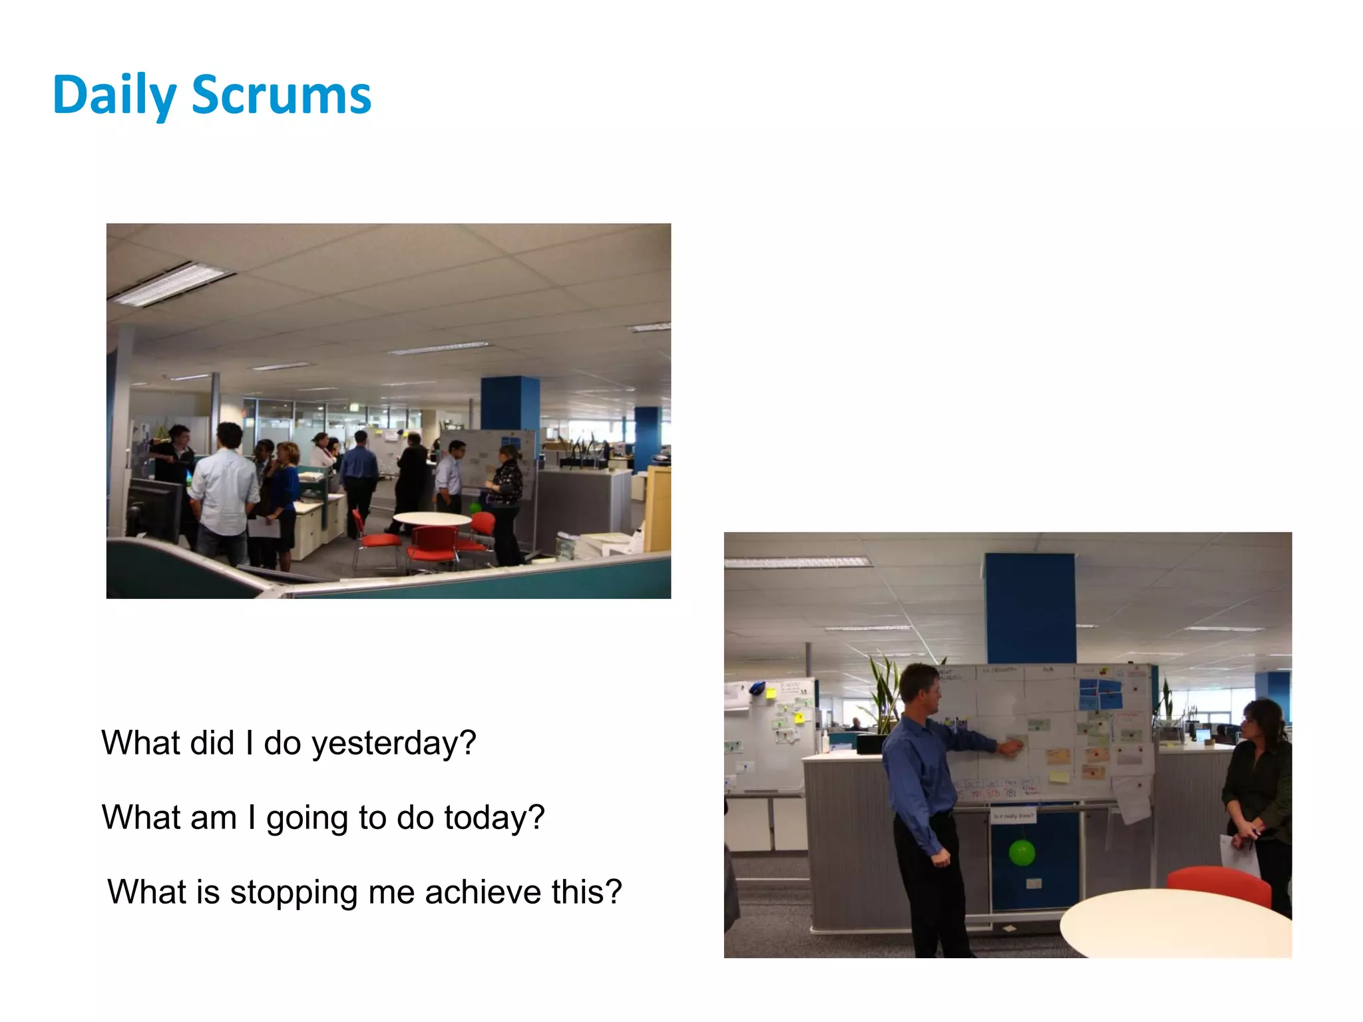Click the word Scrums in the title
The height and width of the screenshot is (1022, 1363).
pos(281,95)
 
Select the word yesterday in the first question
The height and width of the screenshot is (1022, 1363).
pos(394,743)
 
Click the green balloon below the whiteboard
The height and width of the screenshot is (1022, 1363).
pos(1022,853)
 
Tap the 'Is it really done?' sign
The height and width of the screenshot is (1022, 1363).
pos(1014,816)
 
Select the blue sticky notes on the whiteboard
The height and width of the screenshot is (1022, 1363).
pos(1100,694)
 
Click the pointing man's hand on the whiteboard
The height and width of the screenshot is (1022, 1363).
pos(1011,749)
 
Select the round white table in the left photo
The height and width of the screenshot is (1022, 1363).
pos(432,518)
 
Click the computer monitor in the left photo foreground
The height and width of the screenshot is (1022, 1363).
pos(154,508)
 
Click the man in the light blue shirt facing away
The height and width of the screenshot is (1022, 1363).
pos(224,489)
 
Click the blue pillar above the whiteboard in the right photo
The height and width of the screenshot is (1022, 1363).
pos(1030,607)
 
